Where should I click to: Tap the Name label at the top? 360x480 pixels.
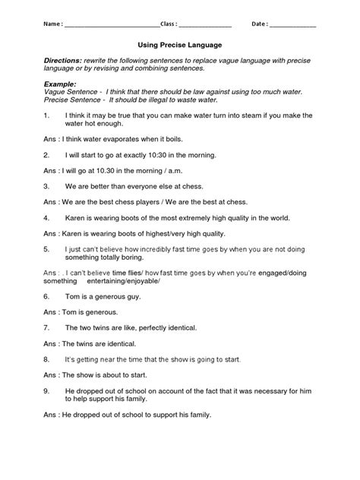(x=49, y=24)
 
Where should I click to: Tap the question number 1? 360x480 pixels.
(x=46, y=116)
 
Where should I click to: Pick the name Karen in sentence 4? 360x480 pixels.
(x=79, y=216)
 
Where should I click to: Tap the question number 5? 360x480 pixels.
(x=46, y=248)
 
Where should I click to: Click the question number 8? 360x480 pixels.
(x=46, y=358)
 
